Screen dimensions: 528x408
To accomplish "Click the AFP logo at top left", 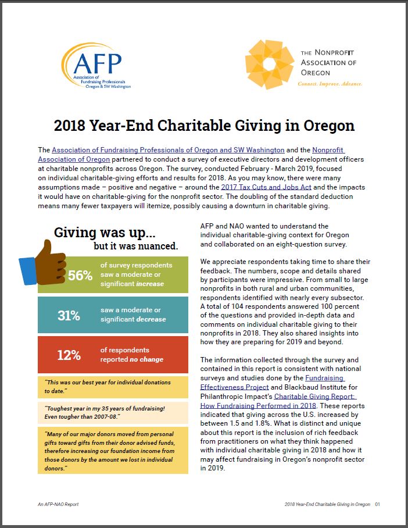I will (96, 67).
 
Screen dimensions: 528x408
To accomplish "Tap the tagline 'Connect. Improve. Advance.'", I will (330, 84).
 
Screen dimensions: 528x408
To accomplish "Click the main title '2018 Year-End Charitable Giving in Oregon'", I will (204, 125).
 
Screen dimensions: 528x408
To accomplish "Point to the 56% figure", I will (80, 276).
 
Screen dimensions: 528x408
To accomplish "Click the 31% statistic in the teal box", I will (69, 316).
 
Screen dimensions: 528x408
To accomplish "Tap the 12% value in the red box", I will (69, 355).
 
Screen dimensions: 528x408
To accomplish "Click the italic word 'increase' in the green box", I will (149, 284).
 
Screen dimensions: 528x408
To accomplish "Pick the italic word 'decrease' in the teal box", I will (151, 319).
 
